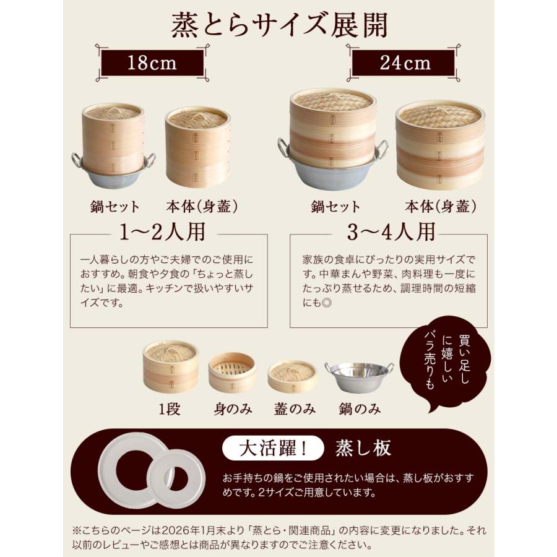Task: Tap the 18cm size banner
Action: [152, 63]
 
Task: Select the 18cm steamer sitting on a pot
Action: [113, 147]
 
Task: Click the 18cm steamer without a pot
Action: [197, 147]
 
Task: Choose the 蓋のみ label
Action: [295, 409]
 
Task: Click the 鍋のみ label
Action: [360, 409]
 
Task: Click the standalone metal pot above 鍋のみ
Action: [360, 377]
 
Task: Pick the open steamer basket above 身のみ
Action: [231, 373]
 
